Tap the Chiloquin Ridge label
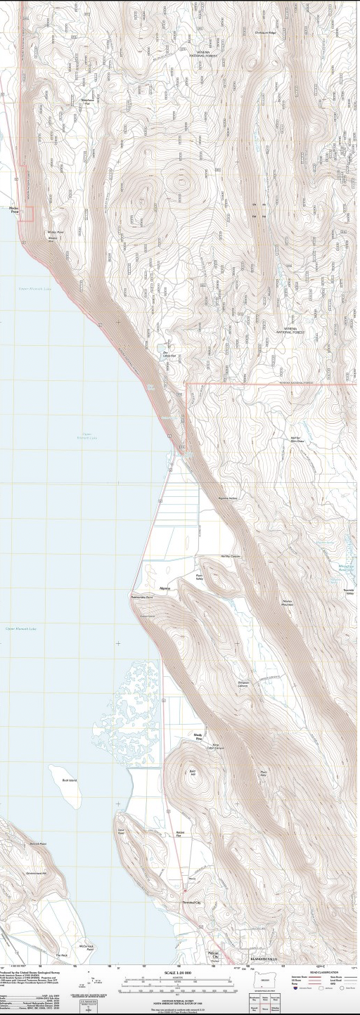point(265,32)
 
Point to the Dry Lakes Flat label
point(169,356)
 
